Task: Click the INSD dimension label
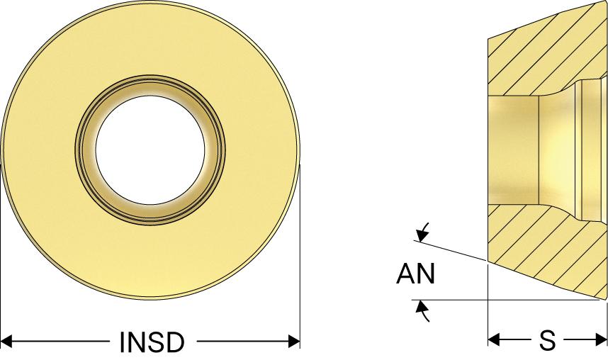coord(151,342)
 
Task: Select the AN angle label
coord(415,274)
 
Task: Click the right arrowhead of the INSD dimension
coord(294,342)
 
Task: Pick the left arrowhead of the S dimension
coord(495,340)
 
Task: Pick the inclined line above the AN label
coord(454,252)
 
